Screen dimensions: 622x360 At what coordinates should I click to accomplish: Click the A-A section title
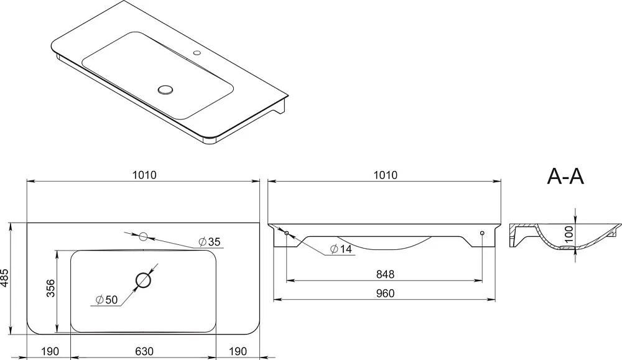565,177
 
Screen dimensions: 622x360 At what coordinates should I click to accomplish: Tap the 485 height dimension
4,278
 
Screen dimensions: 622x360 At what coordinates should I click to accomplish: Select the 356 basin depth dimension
51,288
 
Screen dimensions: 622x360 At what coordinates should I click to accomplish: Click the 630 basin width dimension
144,351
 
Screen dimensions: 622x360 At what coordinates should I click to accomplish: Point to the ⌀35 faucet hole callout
208,241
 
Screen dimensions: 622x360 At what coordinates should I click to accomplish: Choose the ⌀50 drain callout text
107,300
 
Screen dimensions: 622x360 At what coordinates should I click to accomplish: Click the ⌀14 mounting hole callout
341,249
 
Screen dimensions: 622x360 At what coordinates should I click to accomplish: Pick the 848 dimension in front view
385,274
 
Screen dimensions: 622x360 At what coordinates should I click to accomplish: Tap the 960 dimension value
385,293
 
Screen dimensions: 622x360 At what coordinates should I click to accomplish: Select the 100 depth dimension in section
569,234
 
